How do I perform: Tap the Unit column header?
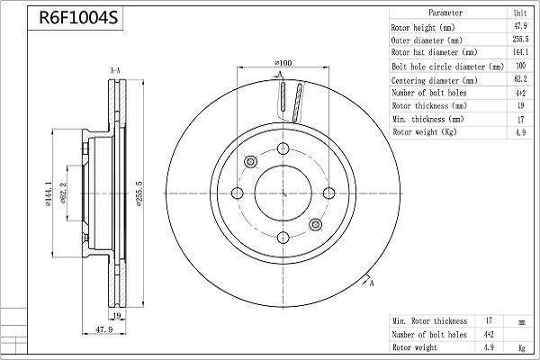[520, 13]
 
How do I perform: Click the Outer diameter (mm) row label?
[427, 40]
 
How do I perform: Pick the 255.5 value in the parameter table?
[520, 40]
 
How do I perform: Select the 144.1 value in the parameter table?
[520, 53]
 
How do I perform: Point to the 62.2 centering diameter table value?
[520, 80]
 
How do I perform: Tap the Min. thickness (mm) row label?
[428, 119]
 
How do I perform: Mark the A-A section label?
[115, 70]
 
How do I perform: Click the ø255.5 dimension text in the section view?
[139, 191]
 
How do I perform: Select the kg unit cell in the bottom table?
[520, 346]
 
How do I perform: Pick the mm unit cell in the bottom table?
[520, 320]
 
